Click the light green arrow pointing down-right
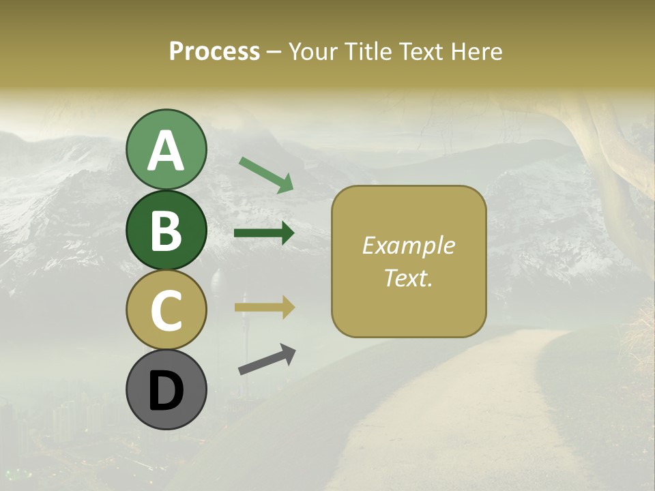[x=266, y=174]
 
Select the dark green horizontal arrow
[x=264, y=233]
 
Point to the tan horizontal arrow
[x=264, y=308]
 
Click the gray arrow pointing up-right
[x=267, y=360]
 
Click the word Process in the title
[x=214, y=52]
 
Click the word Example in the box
[x=408, y=245]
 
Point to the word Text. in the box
[x=408, y=278]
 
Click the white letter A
[x=166, y=151]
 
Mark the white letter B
[x=166, y=231]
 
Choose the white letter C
[x=166, y=310]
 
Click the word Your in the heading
[x=312, y=52]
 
